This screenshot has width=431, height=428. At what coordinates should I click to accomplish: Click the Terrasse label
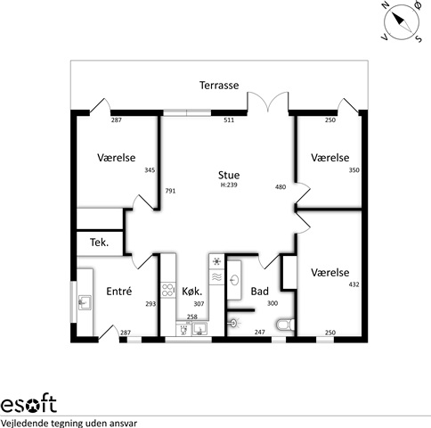coord(219,86)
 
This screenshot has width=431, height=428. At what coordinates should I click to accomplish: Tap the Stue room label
coord(229,175)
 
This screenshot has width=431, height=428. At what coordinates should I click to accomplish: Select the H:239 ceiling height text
coord(229,185)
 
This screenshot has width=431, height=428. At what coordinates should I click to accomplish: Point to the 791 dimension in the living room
coord(170,191)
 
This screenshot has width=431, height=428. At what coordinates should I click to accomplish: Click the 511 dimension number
coord(229,120)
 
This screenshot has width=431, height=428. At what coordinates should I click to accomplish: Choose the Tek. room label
coord(100,243)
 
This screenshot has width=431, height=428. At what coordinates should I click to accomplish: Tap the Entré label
coord(119,292)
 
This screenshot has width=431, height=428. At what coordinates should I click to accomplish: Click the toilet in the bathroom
coord(285,325)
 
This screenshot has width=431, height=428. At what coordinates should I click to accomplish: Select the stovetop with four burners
coord(168,290)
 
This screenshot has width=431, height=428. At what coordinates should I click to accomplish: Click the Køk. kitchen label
coord(192,292)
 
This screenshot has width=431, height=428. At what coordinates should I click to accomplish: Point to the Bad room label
coord(260,292)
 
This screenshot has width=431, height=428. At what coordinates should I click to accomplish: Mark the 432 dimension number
coord(354,284)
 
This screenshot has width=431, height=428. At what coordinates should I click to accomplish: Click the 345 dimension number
coord(150,170)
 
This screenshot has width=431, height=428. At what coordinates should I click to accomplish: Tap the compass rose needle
coord(403,22)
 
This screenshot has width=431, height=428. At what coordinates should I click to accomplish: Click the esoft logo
coord(28,404)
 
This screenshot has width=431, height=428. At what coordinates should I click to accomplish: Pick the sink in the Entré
coord(85,303)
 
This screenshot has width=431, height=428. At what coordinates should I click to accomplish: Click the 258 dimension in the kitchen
coord(192,317)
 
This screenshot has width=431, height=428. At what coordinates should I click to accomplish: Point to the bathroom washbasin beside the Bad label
coord(235,280)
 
